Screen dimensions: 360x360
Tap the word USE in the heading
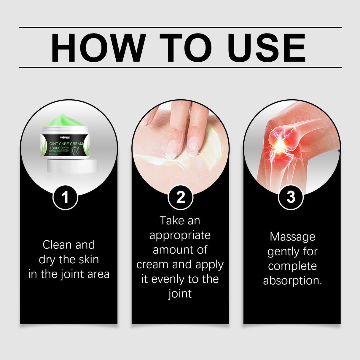[x=267, y=48]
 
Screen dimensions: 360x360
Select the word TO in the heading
[x=186, y=48]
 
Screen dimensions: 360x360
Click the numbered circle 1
[x=65, y=197]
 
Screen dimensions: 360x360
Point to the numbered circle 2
[x=180, y=197]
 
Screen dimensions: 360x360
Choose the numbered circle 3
[x=291, y=197]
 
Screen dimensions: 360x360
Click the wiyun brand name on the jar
[x=65, y=138]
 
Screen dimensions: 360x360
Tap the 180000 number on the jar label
[x=56, y=148]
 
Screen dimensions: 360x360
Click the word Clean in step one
[x=57, y=245]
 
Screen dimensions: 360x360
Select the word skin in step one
[x=89, y=259]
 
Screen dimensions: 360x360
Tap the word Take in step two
[x=170, y=221]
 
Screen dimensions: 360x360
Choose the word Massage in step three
[x=292, y=237]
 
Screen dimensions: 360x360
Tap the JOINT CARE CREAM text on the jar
[x=65, y=144]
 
